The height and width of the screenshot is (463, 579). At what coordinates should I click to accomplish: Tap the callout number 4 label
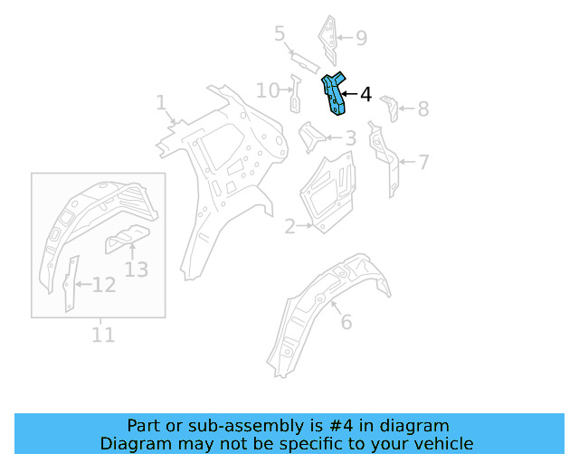pyautogui.click(x=365, y=95)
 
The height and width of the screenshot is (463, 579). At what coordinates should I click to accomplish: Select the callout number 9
pyautogui.click(x=361, y=38)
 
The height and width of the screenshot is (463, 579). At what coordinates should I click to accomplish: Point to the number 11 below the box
pyautogui.click(x=103, y=335)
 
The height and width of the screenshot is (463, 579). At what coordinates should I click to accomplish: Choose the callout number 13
pyautogui.click(x=136, y=269)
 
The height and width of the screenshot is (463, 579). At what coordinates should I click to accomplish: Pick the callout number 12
pyautogui.click(x=104, y=286)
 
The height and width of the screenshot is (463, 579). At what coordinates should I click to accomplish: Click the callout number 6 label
pyautogui.click(x=346, y=322)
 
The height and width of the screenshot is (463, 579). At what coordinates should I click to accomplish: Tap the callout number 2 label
pyautogui.click(x=289, y=227)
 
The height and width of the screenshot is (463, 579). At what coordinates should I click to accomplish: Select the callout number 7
pyautogui.click(x=422, y=163)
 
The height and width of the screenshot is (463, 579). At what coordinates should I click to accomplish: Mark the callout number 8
pyautogui.click(x=422, y=110)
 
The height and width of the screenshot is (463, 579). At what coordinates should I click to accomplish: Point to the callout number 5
pyautogui.click(x=280, y=34)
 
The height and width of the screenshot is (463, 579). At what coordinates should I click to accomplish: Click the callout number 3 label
pyautogui.click(x=350, y=138)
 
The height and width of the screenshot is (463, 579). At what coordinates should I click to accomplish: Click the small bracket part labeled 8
pyautogui.click(x=390, y=107)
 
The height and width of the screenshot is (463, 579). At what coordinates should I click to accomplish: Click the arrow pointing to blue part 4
pyautogui.click(x=350, y=94)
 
